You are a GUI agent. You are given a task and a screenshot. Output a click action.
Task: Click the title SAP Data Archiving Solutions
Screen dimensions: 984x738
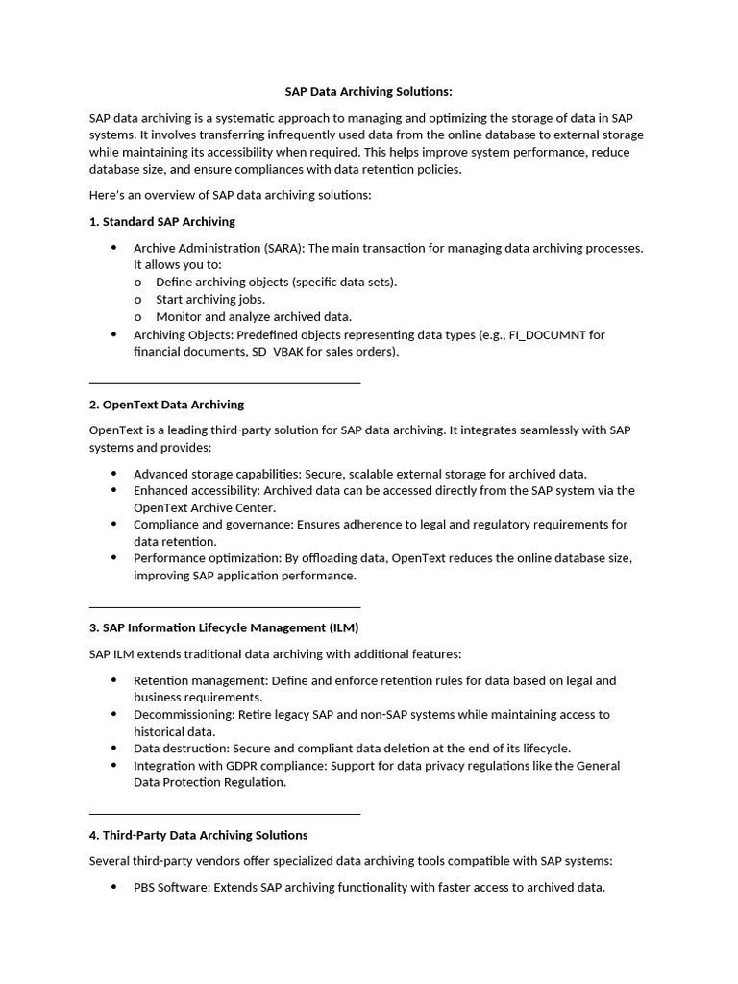368,92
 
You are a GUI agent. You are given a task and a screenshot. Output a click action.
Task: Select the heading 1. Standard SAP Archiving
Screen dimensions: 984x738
161,221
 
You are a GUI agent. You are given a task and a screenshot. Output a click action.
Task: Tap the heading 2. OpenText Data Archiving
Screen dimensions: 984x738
166,405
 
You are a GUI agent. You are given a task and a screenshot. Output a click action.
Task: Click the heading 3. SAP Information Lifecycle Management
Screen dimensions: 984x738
223,627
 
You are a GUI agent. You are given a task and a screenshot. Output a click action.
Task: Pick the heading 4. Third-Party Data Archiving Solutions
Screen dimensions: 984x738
198,835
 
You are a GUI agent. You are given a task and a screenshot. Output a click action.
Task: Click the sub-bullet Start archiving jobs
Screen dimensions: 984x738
210,299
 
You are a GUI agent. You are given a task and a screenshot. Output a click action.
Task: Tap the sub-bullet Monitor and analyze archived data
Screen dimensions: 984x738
254,316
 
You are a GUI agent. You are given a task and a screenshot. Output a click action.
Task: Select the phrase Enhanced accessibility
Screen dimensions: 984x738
196,490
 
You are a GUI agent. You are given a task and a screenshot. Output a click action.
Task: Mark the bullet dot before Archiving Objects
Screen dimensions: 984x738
113,334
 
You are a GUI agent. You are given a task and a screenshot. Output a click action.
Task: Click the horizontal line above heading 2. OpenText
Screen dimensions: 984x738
224,383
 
